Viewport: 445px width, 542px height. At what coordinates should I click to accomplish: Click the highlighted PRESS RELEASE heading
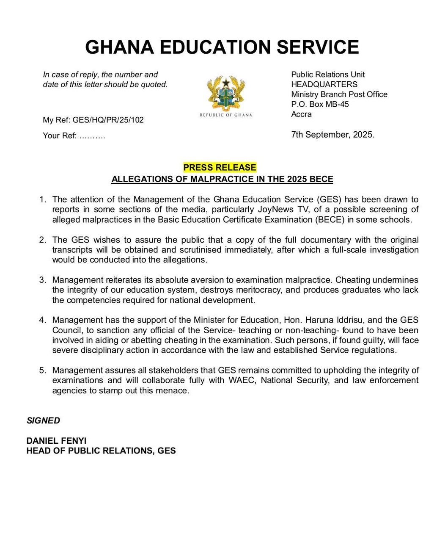coord(220,167)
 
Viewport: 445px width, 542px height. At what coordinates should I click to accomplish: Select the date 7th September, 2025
coord(332,135)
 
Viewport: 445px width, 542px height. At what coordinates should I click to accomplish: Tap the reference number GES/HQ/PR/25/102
coord(108,120)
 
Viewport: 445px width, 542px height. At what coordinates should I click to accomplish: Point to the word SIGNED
coord(43,420)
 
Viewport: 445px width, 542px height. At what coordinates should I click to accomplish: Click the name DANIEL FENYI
coord(56,441)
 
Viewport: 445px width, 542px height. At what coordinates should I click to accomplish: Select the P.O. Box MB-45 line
coord(320,104)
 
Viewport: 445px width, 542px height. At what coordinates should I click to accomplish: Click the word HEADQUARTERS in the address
coord(324,84)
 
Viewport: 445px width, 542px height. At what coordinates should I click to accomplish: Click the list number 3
coord(42,280)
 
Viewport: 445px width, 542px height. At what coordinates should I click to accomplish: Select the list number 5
coord(42,371)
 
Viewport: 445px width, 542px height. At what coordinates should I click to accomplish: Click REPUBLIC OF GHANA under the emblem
coord(225,115)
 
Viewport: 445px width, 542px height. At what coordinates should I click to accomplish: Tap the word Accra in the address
coord(301,114)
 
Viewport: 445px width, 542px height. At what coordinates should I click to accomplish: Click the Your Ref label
coord(60,136)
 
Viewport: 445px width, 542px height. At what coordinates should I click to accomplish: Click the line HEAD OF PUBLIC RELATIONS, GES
coord(101,451)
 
